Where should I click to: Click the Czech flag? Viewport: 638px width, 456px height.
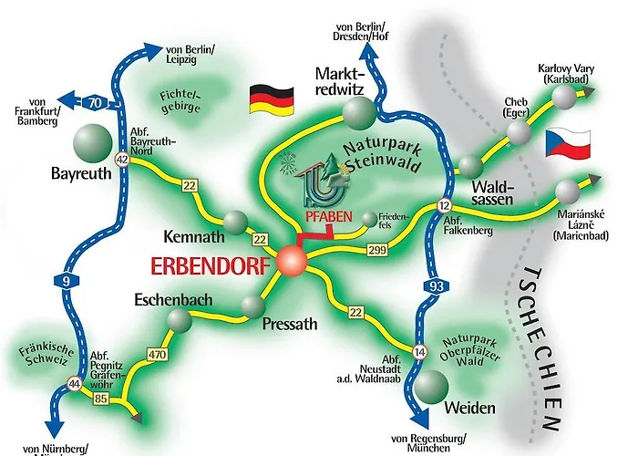570,142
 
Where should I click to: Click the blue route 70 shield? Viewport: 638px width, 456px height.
96,102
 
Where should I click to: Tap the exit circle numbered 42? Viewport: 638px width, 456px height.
121,160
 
